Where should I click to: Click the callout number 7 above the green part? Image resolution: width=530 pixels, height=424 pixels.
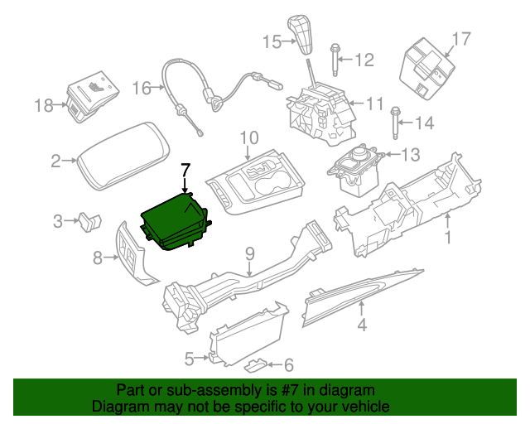click(x=185, y=169)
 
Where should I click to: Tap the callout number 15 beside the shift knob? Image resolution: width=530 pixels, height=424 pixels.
click(x=272, y=41)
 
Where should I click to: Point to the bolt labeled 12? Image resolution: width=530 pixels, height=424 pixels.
click(x=335, y=60)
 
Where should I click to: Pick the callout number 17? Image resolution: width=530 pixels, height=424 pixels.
click(x=461, y=38)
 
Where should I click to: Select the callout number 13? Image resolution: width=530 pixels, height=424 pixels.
click(x=411, y=153)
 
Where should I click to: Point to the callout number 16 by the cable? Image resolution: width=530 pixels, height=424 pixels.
click(x=142, y=87)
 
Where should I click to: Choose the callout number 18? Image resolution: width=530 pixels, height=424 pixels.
click(x=44, y=105)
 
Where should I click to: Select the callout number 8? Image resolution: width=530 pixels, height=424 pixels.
click(x=98, y=258)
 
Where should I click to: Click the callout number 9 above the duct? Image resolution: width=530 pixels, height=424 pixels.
click(x=248, y=253)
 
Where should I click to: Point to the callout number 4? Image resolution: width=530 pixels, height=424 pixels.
click(x=361, y=325)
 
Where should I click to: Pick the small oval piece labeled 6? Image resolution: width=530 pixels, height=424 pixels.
click(x=259, y=364)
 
